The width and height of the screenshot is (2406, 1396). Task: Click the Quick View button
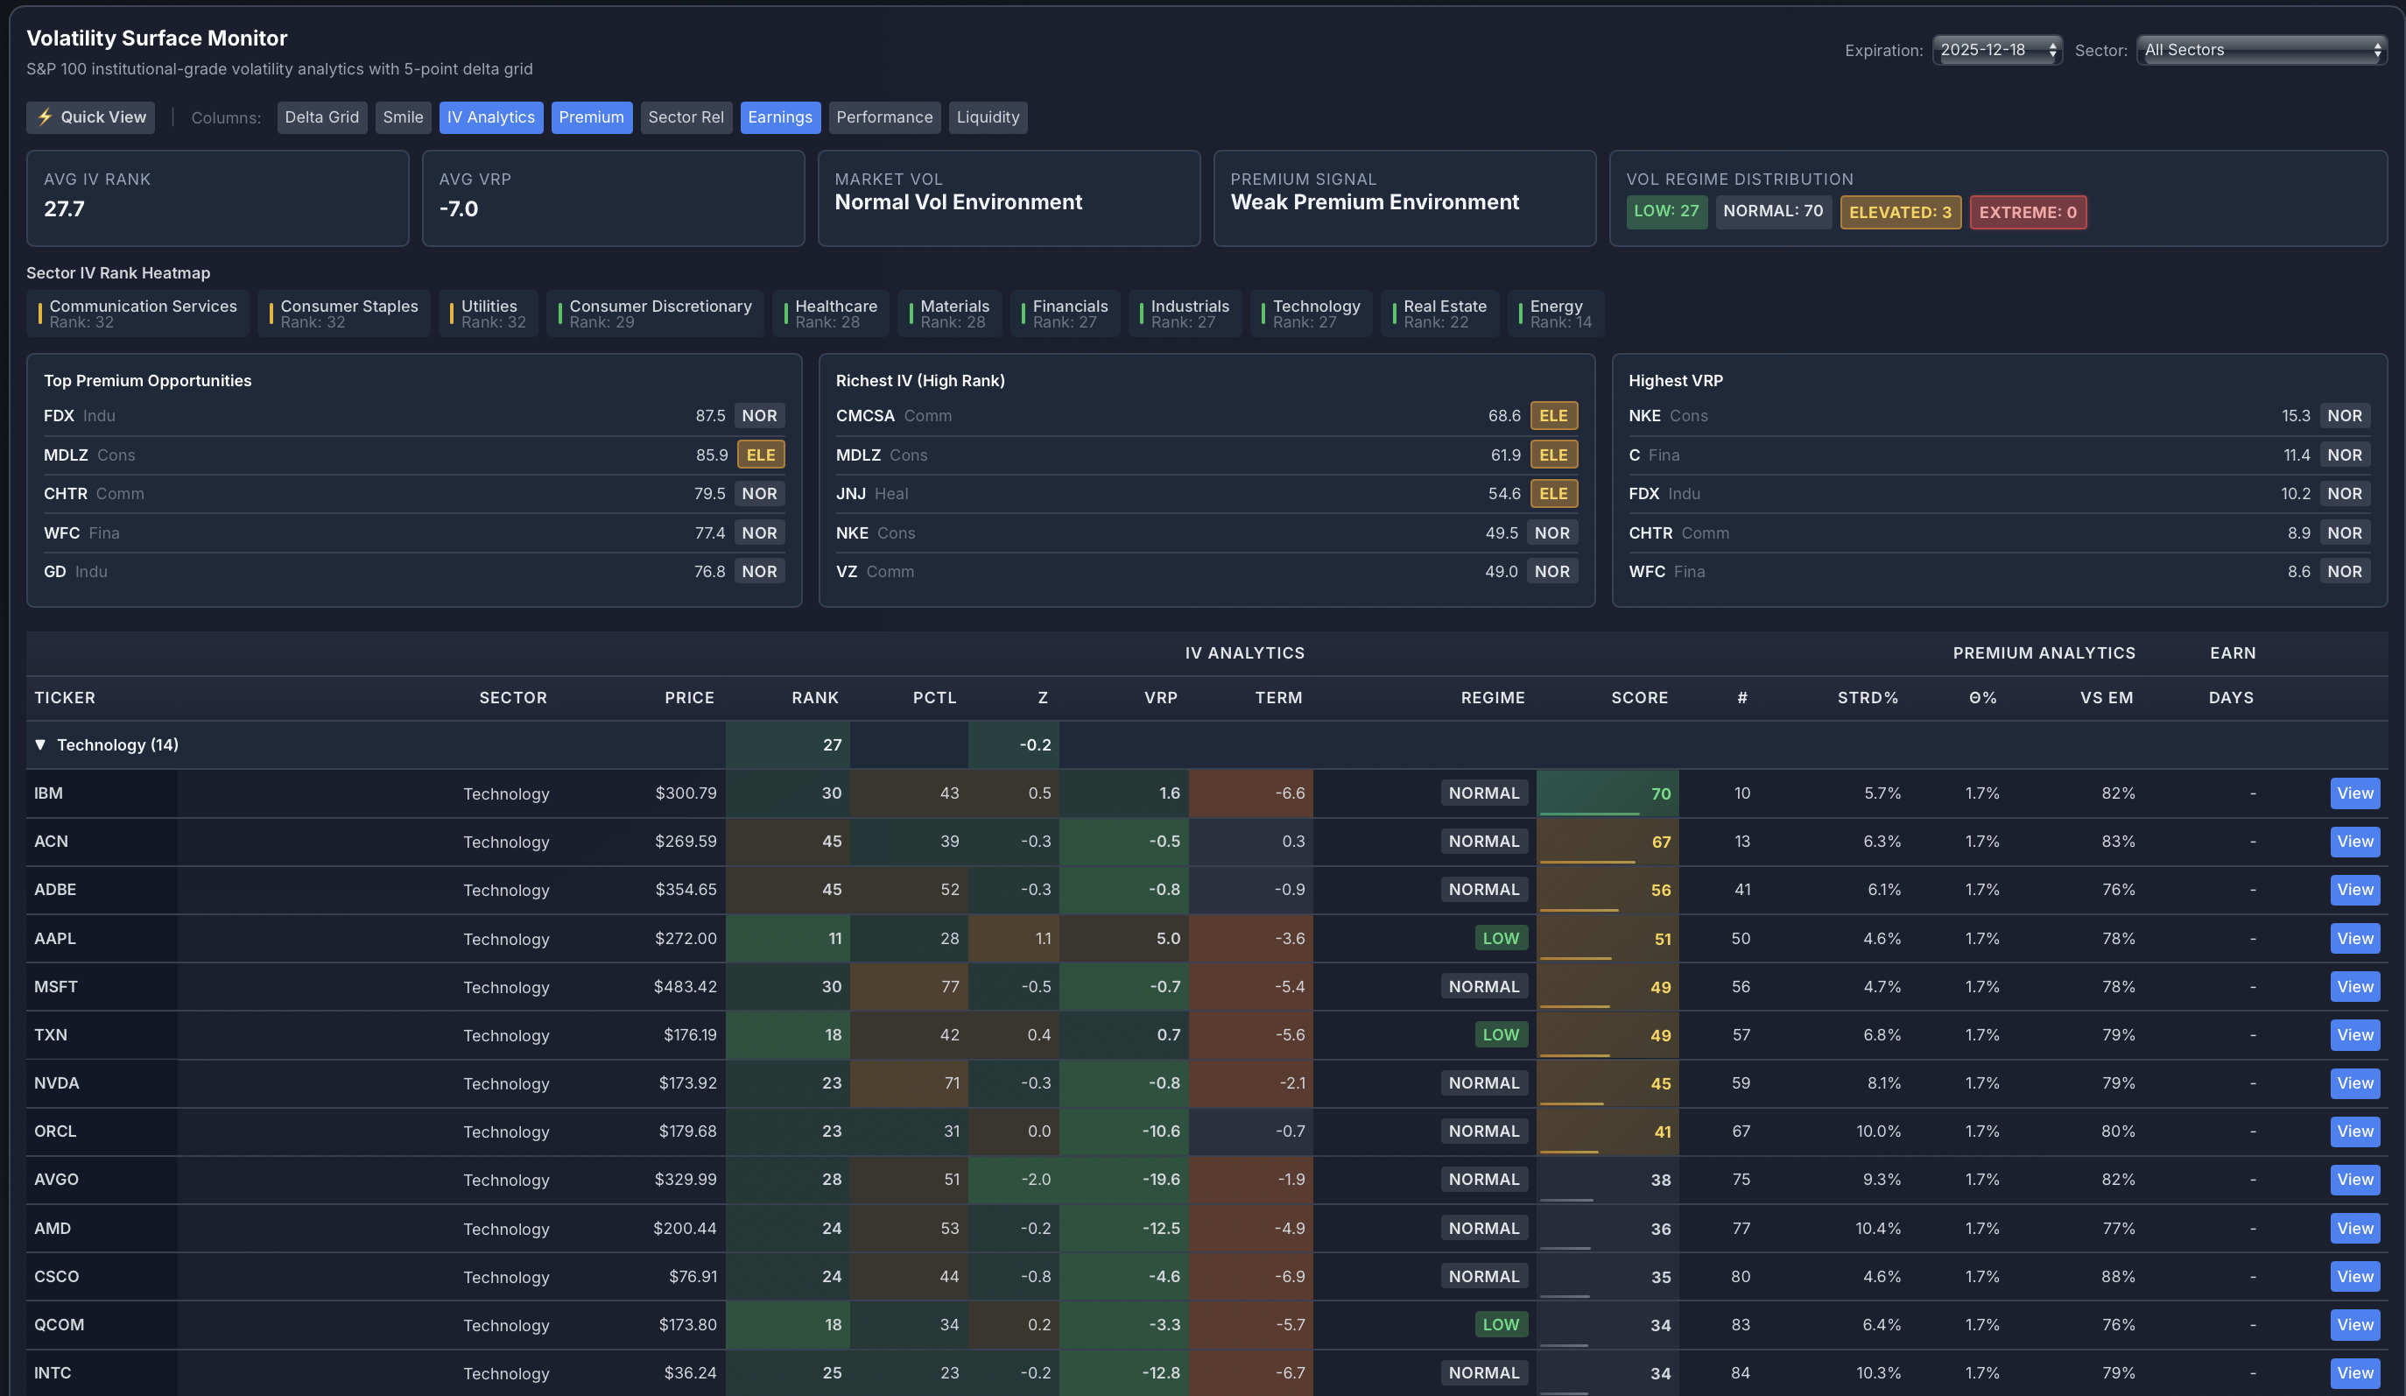(91, 117)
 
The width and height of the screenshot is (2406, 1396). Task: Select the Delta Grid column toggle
(321, 117)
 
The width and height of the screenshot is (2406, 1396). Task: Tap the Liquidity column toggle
(988, 117)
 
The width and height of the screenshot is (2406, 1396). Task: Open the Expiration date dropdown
(1996, 50)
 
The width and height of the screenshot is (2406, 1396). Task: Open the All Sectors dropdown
(2261, 50)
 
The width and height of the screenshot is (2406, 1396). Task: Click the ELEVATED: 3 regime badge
(1899, 212)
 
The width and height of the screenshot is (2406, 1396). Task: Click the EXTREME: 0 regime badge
(2027, 212)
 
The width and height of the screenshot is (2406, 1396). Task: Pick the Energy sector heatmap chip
(1555, 314)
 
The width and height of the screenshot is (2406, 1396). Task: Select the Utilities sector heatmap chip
(489, 314)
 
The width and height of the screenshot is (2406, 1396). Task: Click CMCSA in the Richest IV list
(865, 415)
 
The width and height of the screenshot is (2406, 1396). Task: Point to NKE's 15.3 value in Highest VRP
(2296, 415)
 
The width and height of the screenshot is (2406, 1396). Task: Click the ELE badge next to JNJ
(1552, 494)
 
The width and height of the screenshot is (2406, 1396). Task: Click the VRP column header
(1160, 698)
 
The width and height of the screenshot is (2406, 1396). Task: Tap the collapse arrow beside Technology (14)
(40, 744)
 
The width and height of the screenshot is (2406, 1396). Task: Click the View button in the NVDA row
(2353, 1082)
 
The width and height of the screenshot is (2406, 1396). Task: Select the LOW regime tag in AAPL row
(1500, 939)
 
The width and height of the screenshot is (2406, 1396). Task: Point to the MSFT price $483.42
(685, 986)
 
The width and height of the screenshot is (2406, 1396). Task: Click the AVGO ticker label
(56, 1180)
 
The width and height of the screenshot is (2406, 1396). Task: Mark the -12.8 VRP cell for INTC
(1160, 1373)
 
